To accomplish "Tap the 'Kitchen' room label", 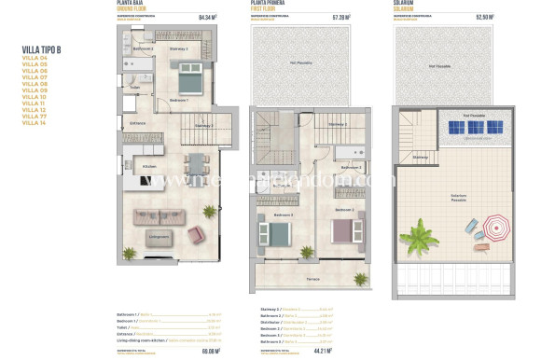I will pyautogui.click(x=150, y=166).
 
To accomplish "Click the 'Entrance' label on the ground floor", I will pyautogui.click(x=138, y=123).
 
